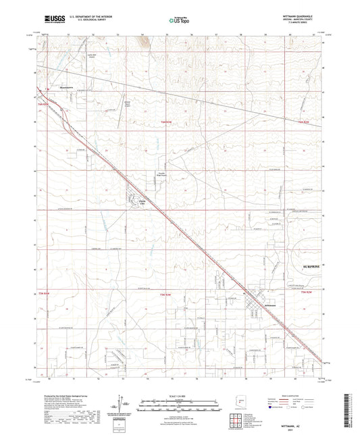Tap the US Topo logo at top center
178,22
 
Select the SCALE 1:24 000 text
178,394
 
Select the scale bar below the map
178,400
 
